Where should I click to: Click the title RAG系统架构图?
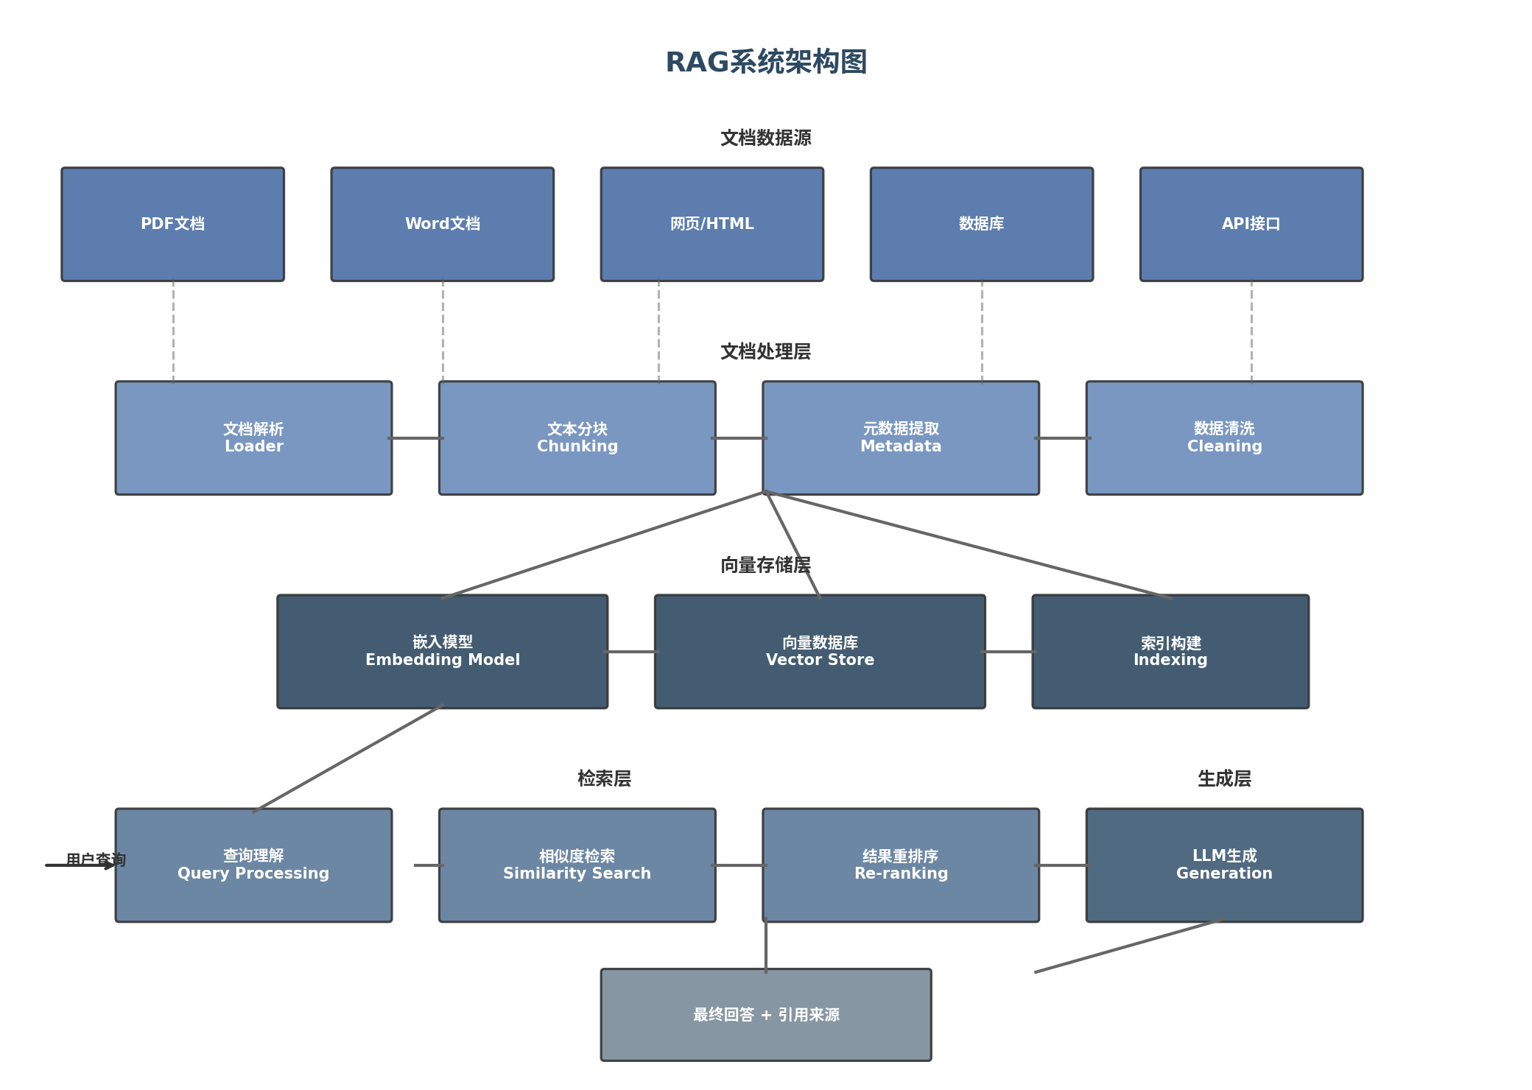[x=766, y=62]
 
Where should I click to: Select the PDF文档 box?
[x=172, y=224]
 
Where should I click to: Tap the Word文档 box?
[x=442, y=224]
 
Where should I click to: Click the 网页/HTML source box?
[x=711, y=224]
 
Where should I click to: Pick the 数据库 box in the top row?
[x=981, y=224]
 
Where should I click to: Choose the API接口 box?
[x=1251, y=224]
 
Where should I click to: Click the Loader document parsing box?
[x=253, y=437]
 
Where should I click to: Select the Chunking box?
[x=577, y=437]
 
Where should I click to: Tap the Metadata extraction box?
[x=900, y=437]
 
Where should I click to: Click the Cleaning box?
[x=1224, y=437]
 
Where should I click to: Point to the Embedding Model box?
[x=442, y=651]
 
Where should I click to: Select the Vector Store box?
[x=820, y=651]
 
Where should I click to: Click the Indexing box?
[x=1170, y=651]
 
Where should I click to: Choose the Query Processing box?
[x=253, y=865]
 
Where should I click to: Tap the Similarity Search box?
[x=577, y=865]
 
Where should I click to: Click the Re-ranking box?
[x=900, y=865]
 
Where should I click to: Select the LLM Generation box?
[x=1224, y=865]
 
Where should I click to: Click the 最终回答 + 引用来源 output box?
[x=766, y=1015]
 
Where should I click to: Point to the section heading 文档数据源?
[x=766, y=138]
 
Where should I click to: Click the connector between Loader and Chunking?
[x=415, y=438]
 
